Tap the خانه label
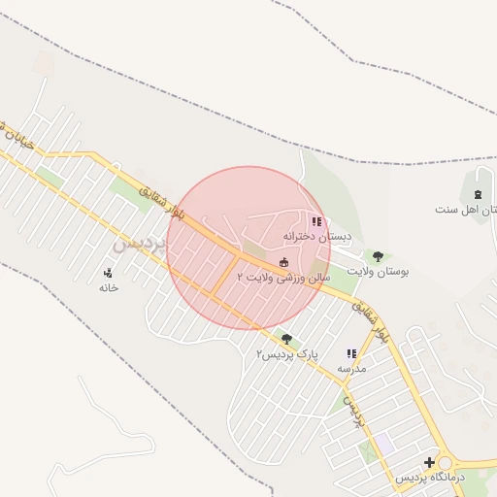point(108,287)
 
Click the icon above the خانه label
point(108,273)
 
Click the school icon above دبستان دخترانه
point(316,221)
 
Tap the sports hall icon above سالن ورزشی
point(283,262)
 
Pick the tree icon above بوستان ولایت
point(378,257)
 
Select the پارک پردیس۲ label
point(286,354)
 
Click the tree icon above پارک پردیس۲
point(286,339)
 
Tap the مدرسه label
point(351,370)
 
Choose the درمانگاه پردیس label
point(430,478)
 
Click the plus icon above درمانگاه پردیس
point(430,462)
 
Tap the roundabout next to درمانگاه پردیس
point(448,463)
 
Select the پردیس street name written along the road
point(355,413)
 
